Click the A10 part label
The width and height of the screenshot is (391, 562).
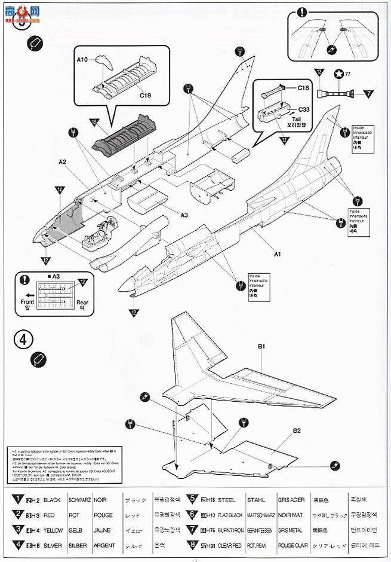point(82,60)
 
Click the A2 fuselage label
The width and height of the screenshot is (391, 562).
point(63,161)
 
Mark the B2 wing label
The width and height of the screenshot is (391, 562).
point(297,430)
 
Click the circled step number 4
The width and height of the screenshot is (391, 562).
point(22,339)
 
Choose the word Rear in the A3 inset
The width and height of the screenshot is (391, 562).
point(82,302)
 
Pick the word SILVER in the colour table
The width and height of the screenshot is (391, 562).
point(52,545)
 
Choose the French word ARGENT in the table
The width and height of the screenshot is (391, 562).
point(104,545)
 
